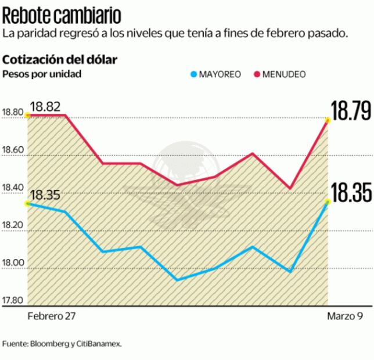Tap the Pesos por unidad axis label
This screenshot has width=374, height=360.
click(x=42, y=74)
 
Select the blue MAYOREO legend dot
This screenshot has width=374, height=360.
click(x=194, y=74)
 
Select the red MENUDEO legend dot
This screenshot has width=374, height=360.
click(x=257, y=74)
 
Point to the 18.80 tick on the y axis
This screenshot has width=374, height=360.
click(x=13, y=113)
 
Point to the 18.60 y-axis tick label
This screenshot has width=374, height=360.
click(x=13, y=150)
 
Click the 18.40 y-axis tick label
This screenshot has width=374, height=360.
click(x=13, y=187)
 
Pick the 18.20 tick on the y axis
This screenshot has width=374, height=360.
click(x=13, y=225)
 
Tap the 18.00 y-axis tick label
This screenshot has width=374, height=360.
click(x=13, y=263)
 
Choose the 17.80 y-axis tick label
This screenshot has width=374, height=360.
click(x=13, y=300)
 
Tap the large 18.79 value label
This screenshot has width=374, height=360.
click(x=351, y=110)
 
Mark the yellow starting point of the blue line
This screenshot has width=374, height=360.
click(x=27, y=203)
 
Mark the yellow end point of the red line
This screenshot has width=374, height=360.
click(x=328, y=120)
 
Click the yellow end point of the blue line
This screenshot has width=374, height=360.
click(x=328, y=202)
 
